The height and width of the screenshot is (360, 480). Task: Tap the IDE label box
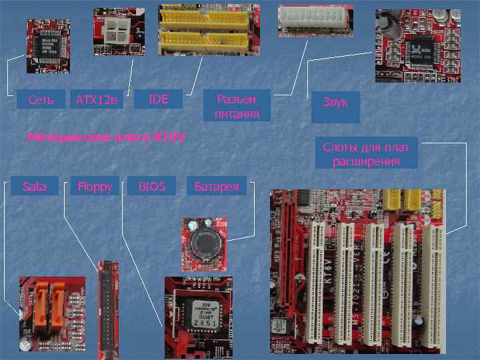(159, 99)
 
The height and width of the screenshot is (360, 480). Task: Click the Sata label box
(35, 186)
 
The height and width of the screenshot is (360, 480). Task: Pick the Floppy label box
(95, 186)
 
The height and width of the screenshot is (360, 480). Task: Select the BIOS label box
(152, 186)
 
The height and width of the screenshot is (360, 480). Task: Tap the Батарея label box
(216, 186)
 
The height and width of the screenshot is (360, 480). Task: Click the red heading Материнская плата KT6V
(107, 137)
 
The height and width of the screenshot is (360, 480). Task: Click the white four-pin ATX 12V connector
(118, 29)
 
